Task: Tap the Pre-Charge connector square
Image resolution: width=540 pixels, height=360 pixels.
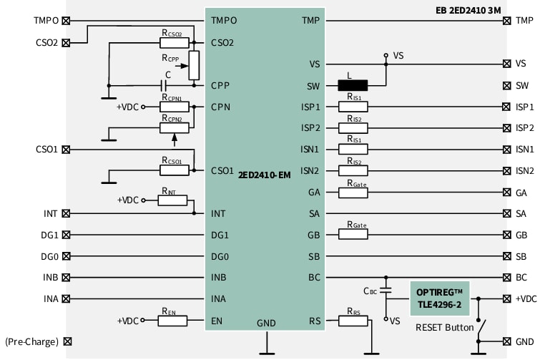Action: click(67, 342)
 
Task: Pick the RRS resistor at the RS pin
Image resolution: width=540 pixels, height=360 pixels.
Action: click(353, 321)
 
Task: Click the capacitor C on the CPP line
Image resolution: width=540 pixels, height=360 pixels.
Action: click(167, 85)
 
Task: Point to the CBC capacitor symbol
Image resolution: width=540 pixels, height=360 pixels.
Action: click(386, 291)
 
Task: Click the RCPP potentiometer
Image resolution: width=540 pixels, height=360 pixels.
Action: click(193, 64)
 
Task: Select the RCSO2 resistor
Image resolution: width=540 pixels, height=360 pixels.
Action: click(174, 42)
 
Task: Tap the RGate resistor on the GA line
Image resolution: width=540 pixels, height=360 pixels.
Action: click(353, 193)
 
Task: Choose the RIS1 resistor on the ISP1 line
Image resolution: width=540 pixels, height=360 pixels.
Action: click(353, 107)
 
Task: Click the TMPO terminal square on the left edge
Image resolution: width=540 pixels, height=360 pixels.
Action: click(67, 21)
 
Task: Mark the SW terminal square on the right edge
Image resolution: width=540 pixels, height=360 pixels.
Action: click(506, 85)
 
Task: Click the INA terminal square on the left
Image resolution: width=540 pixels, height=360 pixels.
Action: click(67, 299)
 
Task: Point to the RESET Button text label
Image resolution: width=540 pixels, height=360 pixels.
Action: click(444, 327)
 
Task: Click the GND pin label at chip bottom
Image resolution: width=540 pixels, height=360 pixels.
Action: click(265, 323)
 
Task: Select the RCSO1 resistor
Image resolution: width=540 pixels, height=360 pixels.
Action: click(174, 170)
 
